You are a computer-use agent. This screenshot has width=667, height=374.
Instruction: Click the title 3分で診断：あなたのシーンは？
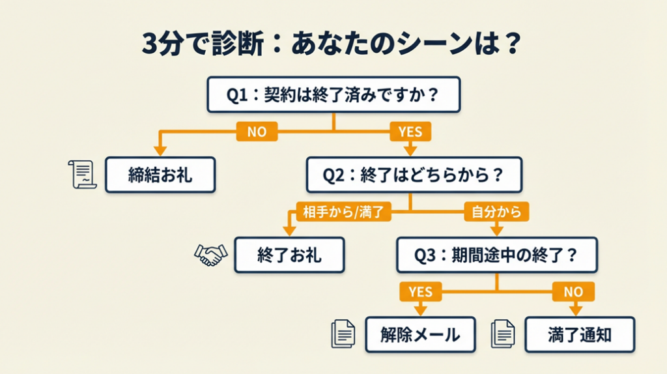coord(332,44)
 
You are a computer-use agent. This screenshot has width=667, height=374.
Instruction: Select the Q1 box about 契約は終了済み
coord(333,94)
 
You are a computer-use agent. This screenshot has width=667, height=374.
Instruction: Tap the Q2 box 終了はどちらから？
coord(414,175)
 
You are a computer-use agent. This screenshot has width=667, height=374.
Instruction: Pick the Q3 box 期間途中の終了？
coord(497,255)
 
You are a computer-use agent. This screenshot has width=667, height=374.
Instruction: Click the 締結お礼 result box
coord(160,175)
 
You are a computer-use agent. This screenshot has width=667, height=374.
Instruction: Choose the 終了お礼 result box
coord(289,255)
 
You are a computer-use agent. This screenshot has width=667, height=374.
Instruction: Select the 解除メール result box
coord(420,335)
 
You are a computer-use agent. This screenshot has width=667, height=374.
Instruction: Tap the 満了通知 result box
coord(580,335)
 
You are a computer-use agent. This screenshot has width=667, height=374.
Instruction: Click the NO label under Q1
coord(257,132)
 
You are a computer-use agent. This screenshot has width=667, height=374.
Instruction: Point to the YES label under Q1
coord(410,132)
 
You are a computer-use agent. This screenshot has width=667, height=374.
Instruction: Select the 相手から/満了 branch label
coord(344,212)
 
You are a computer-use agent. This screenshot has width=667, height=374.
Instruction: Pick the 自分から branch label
coord(496,212)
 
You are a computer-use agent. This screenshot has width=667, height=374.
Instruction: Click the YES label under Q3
coord(420,291)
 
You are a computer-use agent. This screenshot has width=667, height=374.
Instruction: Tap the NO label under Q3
coord(573,291)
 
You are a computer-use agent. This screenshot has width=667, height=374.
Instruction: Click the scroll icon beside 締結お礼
coord(83,175)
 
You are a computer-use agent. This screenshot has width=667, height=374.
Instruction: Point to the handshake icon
coord(210,255)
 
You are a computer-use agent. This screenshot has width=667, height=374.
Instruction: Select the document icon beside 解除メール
coord(343,334)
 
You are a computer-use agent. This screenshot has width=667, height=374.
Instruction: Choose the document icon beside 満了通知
coord(503,334)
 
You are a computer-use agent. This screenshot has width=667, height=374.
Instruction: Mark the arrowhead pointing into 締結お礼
coord(160,151)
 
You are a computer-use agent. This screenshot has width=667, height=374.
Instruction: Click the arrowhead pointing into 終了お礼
coord(289,231)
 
